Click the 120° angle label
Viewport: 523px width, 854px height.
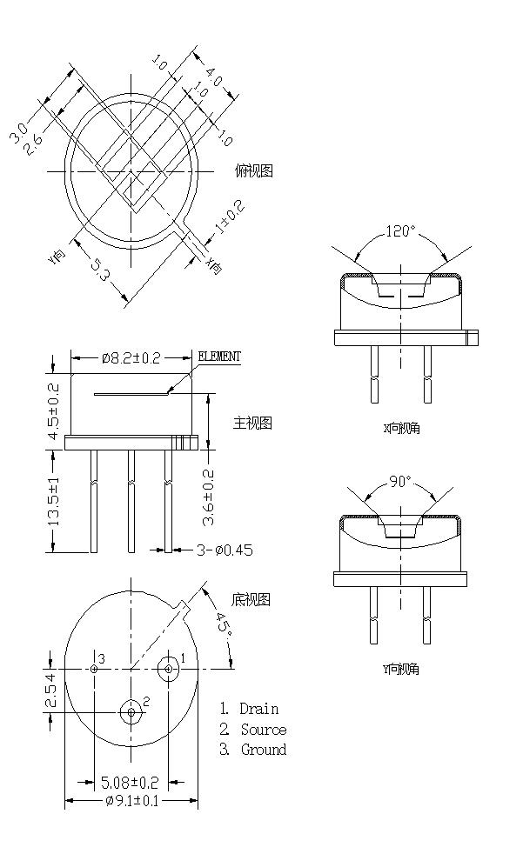click(400, 232)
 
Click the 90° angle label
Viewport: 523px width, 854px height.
click(400, 481)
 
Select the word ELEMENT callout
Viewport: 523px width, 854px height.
click(219, 357)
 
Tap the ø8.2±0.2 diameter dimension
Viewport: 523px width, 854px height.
click(132, 357)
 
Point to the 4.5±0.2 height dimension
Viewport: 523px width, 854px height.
click(54, 411)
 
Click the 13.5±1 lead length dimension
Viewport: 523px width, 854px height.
click(54, 501)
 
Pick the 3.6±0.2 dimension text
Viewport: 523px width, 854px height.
click(209, 497)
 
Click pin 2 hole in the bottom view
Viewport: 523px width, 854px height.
click(131, 712)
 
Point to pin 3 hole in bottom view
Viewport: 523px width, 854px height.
click(93, 669)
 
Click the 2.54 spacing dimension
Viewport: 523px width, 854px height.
click(50, 691)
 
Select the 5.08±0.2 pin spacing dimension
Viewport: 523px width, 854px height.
click(131, 782)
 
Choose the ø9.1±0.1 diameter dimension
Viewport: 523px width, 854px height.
click(131, 801)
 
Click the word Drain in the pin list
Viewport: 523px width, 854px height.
click(259, 709)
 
